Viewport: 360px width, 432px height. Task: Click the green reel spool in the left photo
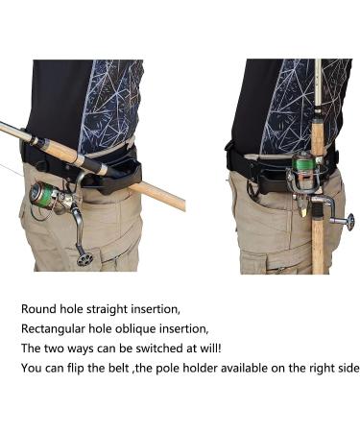tap(43, 195)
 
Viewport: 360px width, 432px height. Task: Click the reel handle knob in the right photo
tap(349, 222)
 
